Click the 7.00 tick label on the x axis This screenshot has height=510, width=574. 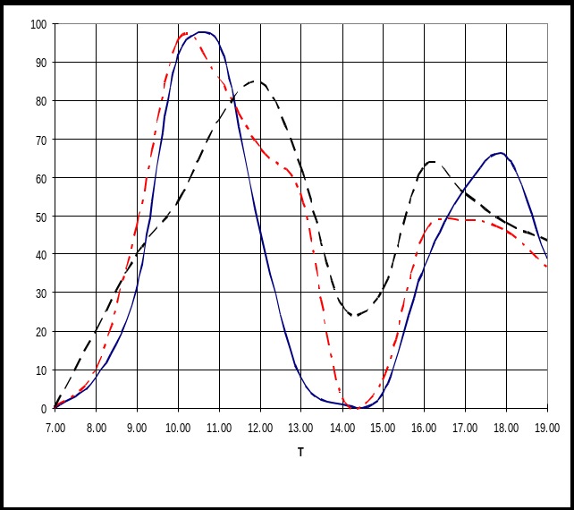coord(55,429)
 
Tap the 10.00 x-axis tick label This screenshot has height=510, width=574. coord(179,429)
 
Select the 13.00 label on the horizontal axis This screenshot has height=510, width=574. coord(301,429)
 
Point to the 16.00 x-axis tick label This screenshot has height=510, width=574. coord(425,429)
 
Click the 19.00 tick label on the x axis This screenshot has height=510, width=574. coord(547,429)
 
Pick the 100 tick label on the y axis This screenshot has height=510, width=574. coord(37,24)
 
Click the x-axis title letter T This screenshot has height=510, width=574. coord(300,453)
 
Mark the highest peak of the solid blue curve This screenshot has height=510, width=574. coord(204,32)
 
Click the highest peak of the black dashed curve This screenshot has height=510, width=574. coord(256,81)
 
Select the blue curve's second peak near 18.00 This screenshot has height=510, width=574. coord(500,153)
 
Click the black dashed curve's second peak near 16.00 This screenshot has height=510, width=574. coord(433,162)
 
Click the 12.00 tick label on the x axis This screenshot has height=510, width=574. coord(260,429)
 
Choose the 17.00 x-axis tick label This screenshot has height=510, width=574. coord(465,429)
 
